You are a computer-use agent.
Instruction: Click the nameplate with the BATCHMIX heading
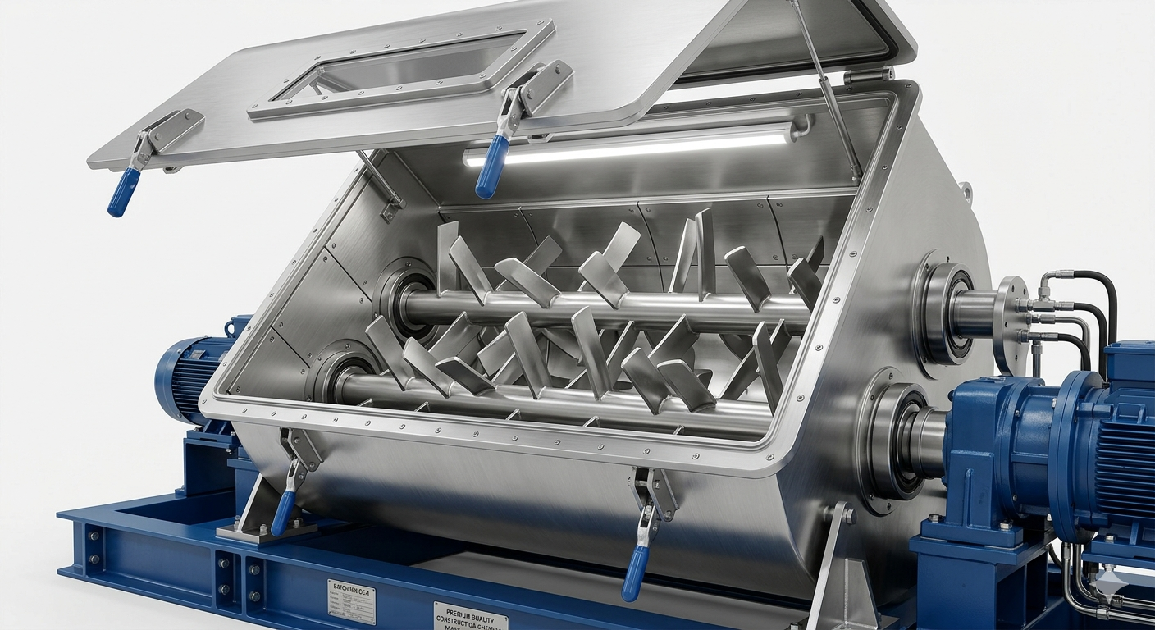351,601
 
